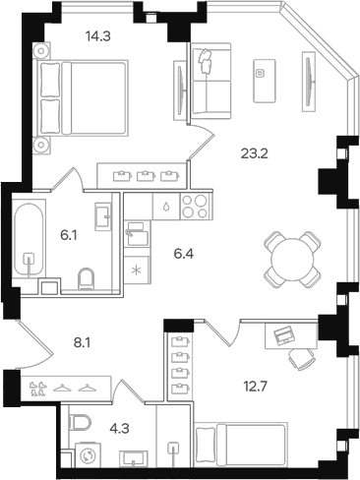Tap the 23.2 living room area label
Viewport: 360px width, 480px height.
[x=254, y=152]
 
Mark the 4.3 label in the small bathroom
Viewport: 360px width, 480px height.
[x=117, y=428]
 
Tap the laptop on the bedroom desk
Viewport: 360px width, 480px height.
[x=282, y=335]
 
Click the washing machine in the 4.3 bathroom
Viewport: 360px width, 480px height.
[x=84, y=456]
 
